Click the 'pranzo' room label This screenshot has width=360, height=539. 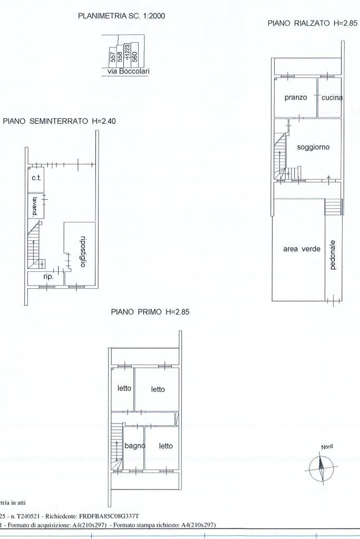coord(296,97)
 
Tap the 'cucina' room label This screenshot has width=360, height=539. coord(332,97)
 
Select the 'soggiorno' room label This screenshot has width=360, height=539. coord(313,147)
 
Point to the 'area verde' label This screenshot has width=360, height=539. coord(301,249)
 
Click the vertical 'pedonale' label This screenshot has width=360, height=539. coord(333,255)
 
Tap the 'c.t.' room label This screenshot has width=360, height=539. coord(36,178)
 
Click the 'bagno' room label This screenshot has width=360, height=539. coord(134,446)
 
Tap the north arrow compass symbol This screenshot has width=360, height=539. coord(321,466)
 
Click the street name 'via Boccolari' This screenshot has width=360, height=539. coord(128,72)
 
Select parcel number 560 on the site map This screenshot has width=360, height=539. coord(134,55)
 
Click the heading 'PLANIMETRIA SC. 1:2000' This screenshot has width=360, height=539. coord(122,16)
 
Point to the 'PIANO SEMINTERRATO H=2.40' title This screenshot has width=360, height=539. coord(59,121)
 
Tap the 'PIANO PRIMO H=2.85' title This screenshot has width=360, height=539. coord(150,311)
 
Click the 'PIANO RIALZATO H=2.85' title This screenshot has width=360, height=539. coord(313,23)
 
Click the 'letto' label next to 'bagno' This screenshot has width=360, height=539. coord(166,446)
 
